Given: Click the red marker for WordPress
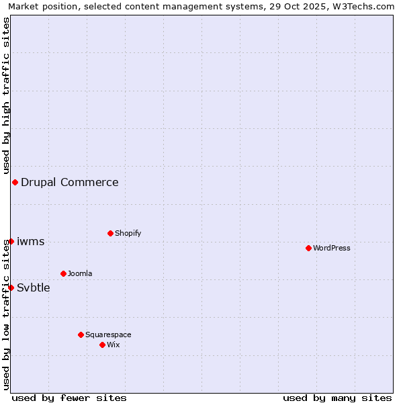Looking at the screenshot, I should [308, 248].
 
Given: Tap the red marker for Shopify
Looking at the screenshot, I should [110, 233].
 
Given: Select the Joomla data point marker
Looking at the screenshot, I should [63, 273].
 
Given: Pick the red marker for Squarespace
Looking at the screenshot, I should [81, 334].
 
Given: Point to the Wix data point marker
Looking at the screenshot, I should [102, 345].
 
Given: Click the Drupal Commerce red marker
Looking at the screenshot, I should [15, 182].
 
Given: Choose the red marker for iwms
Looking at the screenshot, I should [11, 241].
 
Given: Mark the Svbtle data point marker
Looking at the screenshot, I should [11, 287].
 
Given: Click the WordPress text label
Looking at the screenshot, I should [332, 248].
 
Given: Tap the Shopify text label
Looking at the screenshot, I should [128, 233].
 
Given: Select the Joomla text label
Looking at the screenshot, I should [80, 273].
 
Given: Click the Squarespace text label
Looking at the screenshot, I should [108, 334].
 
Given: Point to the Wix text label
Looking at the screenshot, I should [114, 345].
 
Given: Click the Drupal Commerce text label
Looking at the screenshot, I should [70, 182].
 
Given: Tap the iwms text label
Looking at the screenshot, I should [31, 241].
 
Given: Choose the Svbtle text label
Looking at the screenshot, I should [34, 287].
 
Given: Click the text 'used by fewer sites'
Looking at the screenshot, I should [69, 398].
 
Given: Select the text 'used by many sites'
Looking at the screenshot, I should [337, 398].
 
